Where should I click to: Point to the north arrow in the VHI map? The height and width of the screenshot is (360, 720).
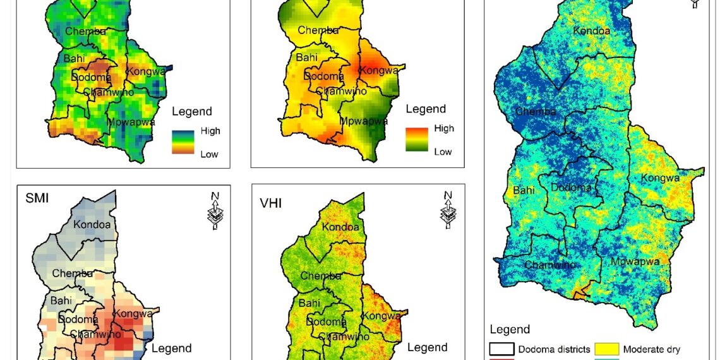(448, 210)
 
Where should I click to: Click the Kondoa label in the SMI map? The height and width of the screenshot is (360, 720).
(92, 224)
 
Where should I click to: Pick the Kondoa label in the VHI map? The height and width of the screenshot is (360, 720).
(340, 227)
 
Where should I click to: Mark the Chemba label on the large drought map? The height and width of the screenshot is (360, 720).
(536, 112)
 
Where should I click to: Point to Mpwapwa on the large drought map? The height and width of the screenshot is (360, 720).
(635, 261)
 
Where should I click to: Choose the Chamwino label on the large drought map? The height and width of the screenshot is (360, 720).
(550, 265)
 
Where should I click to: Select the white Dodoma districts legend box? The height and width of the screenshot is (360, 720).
(501, 349)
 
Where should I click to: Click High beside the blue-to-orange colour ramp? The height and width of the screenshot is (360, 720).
(210, 131)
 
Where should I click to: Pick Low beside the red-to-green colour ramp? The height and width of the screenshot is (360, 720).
(443, 152)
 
